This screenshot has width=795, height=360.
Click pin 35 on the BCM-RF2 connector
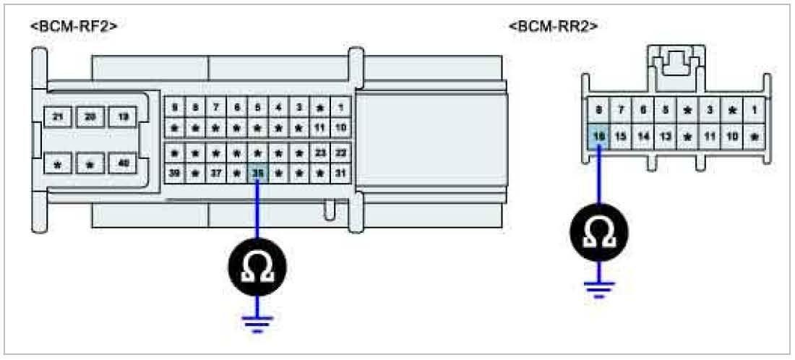click(x=257, y=173)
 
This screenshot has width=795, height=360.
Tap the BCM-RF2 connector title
click(x=74, y=27)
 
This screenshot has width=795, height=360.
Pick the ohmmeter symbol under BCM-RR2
click(x=599, y=233)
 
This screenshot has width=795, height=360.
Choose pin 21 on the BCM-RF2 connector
click(x=58, y=117)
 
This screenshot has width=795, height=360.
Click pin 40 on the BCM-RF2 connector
click(x=123, y=164)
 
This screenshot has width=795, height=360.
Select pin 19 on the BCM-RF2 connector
click(x=123, y=117)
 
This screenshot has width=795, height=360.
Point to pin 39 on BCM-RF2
click(x=173, y=173)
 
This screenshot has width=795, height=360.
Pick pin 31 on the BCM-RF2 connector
click(x=341, y=173)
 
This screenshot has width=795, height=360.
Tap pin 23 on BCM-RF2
click(x=320, y=153)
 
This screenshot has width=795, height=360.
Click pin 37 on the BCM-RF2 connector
click(x=215, y=173)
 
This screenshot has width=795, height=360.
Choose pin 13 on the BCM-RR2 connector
click(x=666, y=135)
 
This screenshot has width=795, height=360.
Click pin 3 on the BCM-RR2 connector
click(x=710, y=110)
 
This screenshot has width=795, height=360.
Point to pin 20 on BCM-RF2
click(x=90, y=117)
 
